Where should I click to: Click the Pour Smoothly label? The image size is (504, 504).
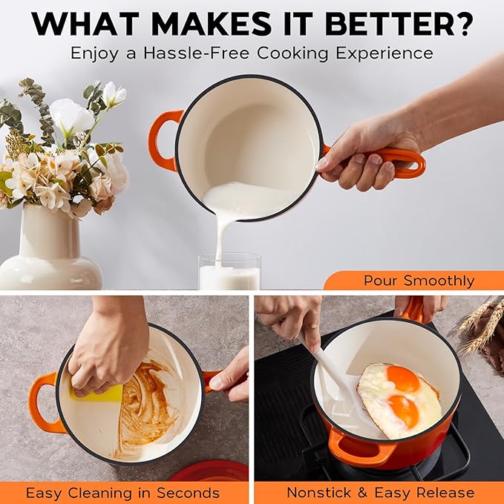(x=419, y=281)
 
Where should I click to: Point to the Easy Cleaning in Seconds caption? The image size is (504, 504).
(x=122, y=493)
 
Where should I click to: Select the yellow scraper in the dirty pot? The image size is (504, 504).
(x=103, y=392)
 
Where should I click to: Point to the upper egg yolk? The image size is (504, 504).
(x=403, y=379)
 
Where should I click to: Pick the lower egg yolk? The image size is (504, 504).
(x=402, y=411)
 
